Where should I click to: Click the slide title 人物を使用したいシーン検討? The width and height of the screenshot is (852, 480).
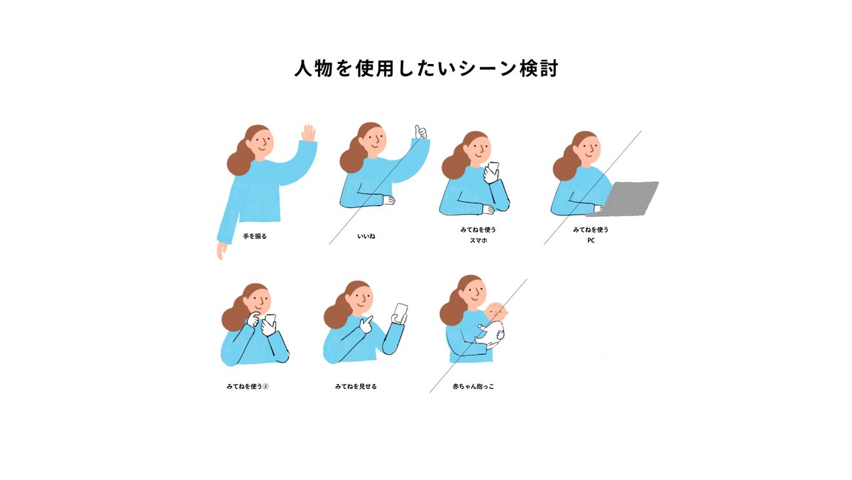click(x=427, y=68)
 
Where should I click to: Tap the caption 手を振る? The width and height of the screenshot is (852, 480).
click(x=255, y=236)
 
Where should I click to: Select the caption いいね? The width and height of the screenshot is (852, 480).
click(x=366, y=236)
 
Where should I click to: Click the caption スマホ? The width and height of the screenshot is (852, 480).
click(x=478, y=240)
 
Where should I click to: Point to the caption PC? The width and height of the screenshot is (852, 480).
click(x=591, y=240)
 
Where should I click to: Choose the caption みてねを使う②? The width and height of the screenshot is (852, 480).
click(x=248, y=386)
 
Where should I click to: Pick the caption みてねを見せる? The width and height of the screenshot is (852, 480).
click(x=356, y=386)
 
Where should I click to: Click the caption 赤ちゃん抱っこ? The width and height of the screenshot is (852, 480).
click(x=473, y=386)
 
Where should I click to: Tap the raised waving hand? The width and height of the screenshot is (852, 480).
click(x=308, y=133)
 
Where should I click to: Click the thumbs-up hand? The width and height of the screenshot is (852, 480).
click(x=420, y=132)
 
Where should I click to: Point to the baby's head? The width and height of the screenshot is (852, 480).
click(x=497, y=312)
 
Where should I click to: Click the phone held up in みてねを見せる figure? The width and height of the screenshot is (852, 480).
click(x=400, y=312)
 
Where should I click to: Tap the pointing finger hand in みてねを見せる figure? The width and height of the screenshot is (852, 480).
click(x=366, y=325)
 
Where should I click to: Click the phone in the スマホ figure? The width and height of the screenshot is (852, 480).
click(x=493, y=169)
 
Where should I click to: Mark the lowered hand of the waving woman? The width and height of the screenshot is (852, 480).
click(x=221, y=250)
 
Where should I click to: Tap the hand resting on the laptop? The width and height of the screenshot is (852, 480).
click(x=599, y=209)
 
